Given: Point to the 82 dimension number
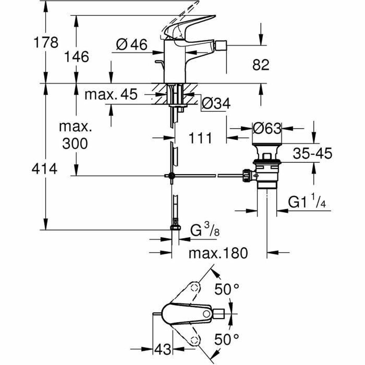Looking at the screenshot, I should point(261,65).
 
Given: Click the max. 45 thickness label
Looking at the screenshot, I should point(111,95).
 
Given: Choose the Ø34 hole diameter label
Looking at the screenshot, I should point(216,104).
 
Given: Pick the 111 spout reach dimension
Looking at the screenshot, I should point(200,138).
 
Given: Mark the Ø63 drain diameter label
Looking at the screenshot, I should point(267,129).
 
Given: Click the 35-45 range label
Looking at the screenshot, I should point(312,154).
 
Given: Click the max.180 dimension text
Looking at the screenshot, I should point(218,253).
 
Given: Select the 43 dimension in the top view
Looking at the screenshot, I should point(162,349).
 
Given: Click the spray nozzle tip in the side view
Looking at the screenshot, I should point(219,47).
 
